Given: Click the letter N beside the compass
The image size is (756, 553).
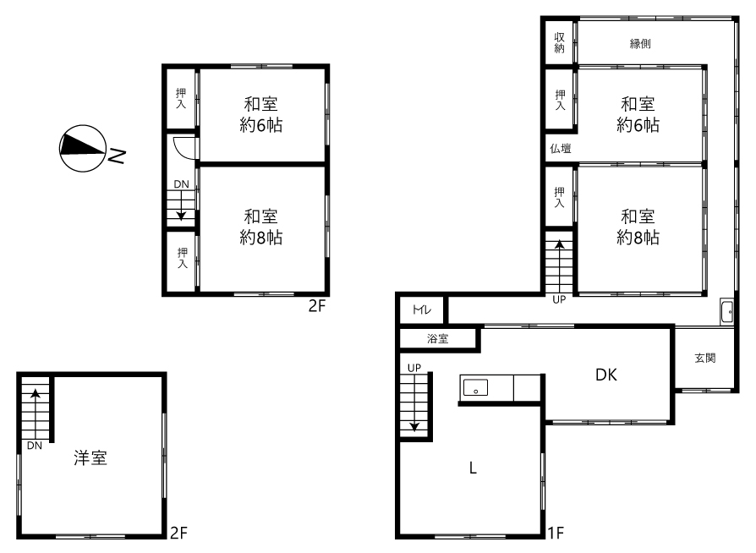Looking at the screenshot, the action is click(x=116, y=156).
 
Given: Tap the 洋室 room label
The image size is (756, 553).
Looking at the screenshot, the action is click(x=90, y=457).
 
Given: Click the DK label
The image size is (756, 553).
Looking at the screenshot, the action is click(x=606, y=375).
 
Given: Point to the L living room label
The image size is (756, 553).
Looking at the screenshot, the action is click(x=473, y=468).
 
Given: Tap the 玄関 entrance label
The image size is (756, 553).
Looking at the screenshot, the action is click(x=705, y=358).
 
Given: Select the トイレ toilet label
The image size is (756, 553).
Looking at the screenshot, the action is click(x=422, y=309).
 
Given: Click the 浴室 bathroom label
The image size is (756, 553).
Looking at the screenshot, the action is click(x=437, y=338).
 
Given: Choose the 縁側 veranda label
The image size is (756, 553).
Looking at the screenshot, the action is click(x=640, y=44).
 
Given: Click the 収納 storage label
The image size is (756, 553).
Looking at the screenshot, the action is click(x=559, y=42).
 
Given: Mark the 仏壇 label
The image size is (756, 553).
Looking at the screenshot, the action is click(x=561, y=149).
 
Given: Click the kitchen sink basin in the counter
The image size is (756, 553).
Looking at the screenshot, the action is click(x=475, y=387).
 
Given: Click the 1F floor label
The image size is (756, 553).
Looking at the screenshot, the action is click(x=556, y=532).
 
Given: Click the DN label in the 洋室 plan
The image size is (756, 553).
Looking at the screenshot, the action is click(x=34, y=446).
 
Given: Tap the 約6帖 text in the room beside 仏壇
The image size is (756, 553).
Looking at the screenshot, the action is click(x=638, y=125).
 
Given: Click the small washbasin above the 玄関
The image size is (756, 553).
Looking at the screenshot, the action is click(x=727, y=311).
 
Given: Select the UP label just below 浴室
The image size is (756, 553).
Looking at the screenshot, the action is click(x=414, y=368).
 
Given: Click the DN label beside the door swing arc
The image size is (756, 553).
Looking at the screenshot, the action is click(x=181, y=184).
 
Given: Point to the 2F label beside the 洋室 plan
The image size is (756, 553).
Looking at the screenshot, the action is click(x=178, y=532).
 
